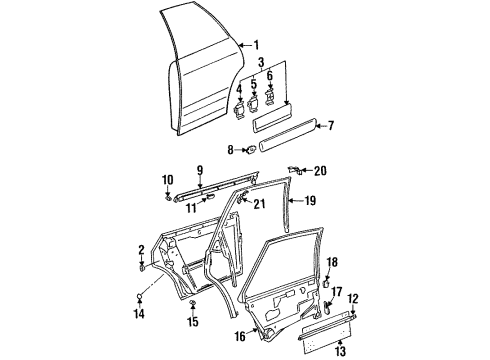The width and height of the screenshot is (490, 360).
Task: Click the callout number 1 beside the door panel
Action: pos(256,45)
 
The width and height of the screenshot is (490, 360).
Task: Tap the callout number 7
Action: pos(330,126)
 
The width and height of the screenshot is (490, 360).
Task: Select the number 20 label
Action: pos(320,171)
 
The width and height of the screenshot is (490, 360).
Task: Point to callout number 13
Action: pos(340,351)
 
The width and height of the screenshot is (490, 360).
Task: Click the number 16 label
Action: pos(240,336)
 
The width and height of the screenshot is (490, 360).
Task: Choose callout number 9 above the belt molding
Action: pos(199,171)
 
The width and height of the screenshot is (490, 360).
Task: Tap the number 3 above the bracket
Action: pos(261,62)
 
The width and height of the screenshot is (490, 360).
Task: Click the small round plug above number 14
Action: pos(140,296)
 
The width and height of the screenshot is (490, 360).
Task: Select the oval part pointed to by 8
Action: pos(250,150)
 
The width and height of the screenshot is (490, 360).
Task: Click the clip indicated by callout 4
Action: pos(239,111)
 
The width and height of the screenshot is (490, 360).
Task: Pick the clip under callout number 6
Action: pos(269,98)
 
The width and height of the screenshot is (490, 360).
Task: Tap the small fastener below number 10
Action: pos(168,198)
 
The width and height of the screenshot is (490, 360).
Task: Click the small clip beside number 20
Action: pos(296,170)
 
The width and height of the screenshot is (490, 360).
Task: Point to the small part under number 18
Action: pos(326,284)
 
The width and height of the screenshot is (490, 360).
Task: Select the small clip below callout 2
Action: pos(142,268)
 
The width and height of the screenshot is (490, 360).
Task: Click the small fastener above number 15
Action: pos(192,302)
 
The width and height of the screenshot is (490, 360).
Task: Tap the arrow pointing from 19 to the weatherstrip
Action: pos(297,201)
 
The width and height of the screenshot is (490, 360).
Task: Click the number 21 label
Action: pos(259,204)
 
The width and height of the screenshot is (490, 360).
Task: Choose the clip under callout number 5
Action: pos(254,103)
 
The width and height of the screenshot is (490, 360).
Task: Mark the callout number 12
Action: pos(353,299)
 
